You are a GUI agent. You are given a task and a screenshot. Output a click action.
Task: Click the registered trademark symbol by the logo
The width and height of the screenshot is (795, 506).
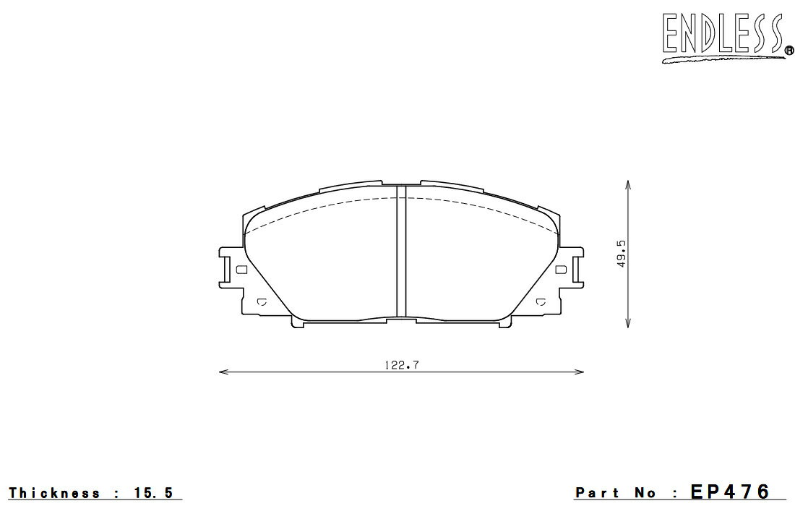[789, 50]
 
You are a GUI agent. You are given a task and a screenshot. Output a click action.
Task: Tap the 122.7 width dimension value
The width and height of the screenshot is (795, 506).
[401, 364]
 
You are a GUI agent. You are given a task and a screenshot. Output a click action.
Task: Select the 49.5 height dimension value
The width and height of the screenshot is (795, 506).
[622, 254]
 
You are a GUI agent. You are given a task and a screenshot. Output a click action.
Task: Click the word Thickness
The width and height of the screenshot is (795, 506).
[54, 493]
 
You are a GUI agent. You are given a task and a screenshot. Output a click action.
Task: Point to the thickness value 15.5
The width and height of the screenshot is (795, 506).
[154, 493]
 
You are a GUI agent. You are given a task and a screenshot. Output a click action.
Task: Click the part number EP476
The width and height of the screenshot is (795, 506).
[730, 492]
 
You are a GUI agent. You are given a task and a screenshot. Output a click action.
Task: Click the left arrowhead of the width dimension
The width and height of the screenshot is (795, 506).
[222, 372]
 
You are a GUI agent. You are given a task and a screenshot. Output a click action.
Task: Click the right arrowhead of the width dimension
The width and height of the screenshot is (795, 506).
[580, 372]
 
